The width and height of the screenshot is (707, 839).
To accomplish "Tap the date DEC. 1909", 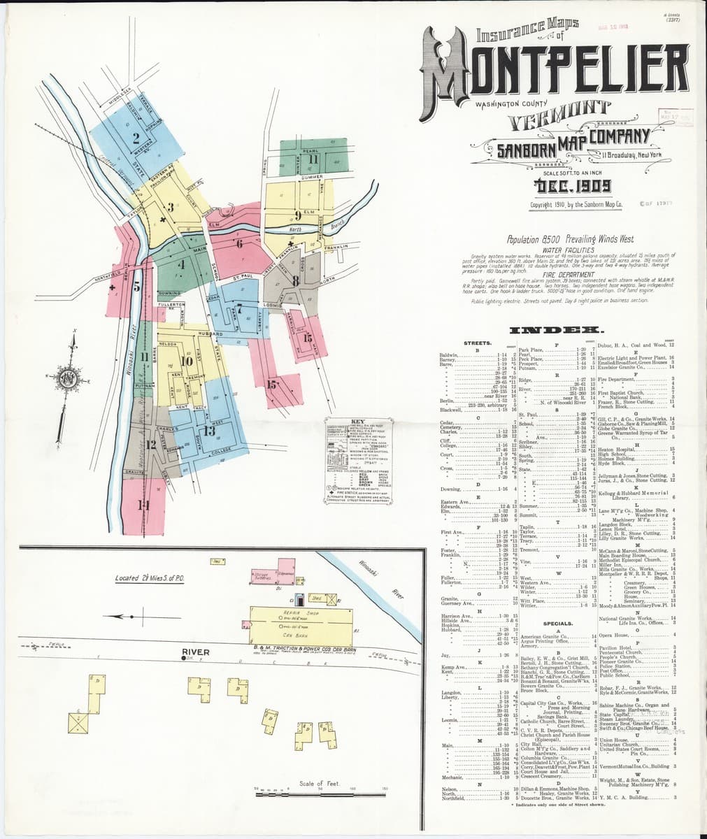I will pos(571,186).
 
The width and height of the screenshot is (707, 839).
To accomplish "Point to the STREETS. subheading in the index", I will pos(479,343).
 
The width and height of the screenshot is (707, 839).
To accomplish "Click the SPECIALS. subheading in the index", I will pos(558,622).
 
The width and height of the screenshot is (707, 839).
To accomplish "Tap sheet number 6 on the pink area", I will pos(239,243).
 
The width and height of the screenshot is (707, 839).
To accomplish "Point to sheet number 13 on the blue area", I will pos(209,431).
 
